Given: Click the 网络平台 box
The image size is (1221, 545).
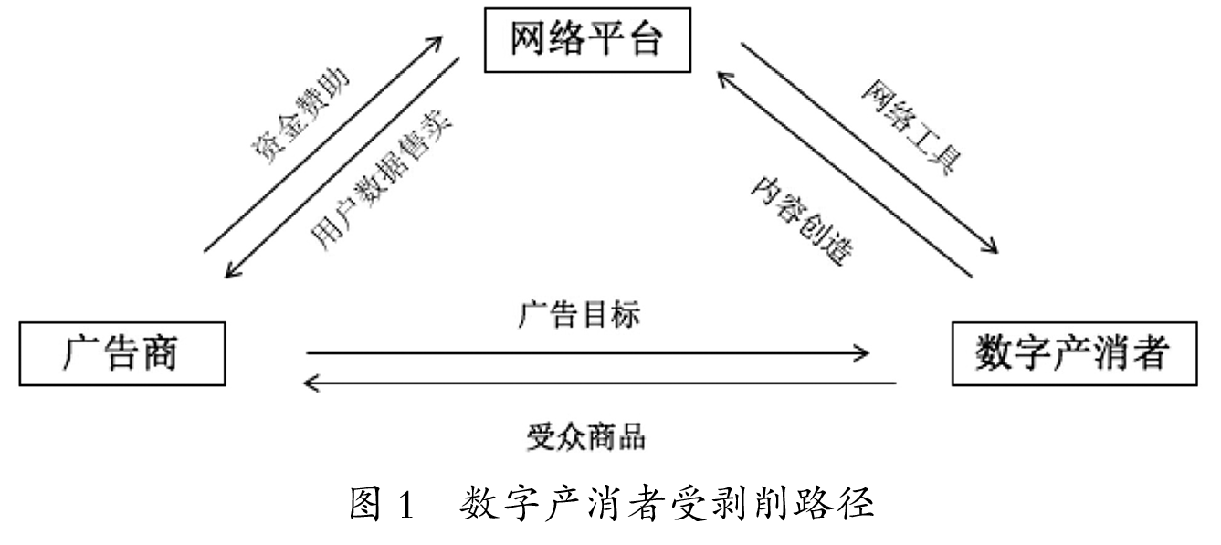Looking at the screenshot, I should pyautogui.click(x=584, y=41).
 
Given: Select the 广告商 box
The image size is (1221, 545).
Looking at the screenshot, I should pyautogui.click(x=121, y=352).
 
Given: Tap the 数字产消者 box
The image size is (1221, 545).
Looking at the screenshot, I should pyautogui.click(x=1073, y=352).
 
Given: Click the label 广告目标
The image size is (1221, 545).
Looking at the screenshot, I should pyautogui.click(x=580, y=316).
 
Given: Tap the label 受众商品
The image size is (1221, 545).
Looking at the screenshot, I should pyautogui.click(x=585, y=437).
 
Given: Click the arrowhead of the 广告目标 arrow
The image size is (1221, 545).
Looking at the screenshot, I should pyautogui.click(x=863, y=352).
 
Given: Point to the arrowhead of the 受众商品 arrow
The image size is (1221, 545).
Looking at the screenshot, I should pyautogui.click(x=312, y=383).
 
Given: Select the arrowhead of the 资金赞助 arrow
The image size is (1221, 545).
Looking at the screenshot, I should pyautogui.click(x=438, y=39).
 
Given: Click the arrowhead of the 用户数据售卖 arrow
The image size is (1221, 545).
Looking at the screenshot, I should pyautogui.click(x=229, y=275).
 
